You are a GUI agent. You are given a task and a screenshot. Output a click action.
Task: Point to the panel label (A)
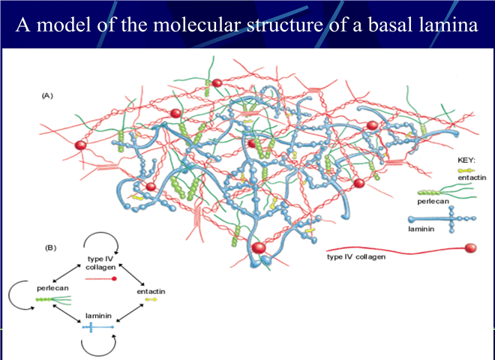(47, 96)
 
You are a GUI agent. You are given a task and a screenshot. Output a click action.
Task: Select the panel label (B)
(50, 248)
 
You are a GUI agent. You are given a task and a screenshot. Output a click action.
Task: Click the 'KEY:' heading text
(466, 160)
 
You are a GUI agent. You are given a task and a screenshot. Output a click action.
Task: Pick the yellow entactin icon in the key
(466, 170)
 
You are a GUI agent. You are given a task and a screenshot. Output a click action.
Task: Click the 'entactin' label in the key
(472, 178)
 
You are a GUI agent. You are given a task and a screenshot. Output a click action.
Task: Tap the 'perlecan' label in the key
(433, 201)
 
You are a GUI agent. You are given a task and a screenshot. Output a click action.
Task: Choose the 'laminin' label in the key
(421, 229)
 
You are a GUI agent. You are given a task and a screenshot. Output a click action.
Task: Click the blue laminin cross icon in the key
(442, 219)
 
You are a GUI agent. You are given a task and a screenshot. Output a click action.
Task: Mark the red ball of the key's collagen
(470, 248)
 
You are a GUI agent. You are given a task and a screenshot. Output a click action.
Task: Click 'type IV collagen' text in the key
(356, 256)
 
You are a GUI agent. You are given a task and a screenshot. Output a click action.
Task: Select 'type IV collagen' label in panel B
(100, 263)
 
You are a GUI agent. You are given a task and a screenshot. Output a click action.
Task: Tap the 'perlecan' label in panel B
(52, 288)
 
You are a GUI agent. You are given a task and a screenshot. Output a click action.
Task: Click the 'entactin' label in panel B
(151, 291)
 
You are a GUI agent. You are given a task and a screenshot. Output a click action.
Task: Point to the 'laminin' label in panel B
(98, 316)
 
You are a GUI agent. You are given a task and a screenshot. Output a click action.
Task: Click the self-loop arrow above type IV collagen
(101, 232)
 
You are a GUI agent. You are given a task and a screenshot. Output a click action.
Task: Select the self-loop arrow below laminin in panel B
(98, 355)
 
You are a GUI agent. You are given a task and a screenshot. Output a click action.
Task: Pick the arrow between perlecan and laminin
(67, 313)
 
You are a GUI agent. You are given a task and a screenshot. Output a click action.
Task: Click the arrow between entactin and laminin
(130, 313)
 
